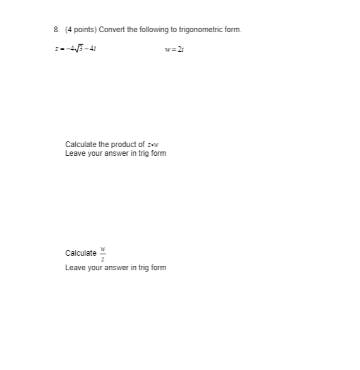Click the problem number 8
point(56,30)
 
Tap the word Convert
point(107,30)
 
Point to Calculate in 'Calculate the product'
point(81,145)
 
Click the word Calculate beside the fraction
point(81,253)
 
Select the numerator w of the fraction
point(102,249)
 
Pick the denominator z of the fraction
point(102,258)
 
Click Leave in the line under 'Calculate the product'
point(75,153)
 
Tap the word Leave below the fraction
point(75,268)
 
